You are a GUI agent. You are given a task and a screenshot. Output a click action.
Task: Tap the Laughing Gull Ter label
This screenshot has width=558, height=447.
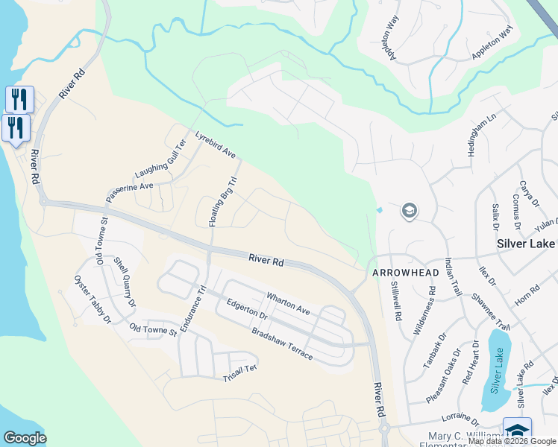(x=160, y=160)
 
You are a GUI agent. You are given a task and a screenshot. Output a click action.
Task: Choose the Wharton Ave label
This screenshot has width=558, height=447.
(x=288, y=303)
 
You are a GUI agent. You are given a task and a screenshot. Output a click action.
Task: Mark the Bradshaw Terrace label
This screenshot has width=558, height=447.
(x=282, y=343)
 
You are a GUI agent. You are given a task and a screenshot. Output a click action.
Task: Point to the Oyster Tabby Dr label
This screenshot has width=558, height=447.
(x=92, y=299)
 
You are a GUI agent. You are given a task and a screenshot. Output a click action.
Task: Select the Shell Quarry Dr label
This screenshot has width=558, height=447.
(x=125, y=282)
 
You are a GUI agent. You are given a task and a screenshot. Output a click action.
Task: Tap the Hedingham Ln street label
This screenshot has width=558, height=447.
(x=471, y=135)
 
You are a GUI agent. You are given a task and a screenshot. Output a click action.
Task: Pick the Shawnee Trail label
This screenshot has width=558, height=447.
(x=490, y=311)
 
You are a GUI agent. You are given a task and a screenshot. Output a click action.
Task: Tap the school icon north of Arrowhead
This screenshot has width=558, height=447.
(x=409, y=212)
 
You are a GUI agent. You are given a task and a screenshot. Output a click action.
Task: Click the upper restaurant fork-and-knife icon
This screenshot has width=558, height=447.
(x=19, y=98)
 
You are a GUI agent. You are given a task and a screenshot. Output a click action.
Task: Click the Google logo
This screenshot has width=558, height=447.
(x=25, y=438)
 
